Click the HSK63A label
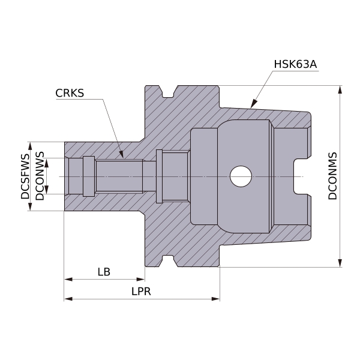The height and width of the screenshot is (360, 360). coord(295,64)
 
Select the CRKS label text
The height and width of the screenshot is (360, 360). coord(70,93)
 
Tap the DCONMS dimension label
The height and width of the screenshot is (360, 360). coord(332,176)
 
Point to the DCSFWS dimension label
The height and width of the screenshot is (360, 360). coord(25,176)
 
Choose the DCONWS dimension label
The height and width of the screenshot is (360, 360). coord(40,176)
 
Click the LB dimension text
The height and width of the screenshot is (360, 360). coord(104,272)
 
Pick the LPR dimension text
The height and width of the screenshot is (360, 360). coord(141,292)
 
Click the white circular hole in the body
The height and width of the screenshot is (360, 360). coord(241,176)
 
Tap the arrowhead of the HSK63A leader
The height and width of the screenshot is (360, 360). coord(253,104)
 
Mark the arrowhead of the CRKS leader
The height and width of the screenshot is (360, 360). coord(121,155)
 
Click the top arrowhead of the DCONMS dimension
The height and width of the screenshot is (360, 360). coord(340,89)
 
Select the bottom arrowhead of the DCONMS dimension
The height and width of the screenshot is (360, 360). coord(340,263)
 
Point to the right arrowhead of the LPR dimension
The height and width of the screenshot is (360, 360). coord(216,299)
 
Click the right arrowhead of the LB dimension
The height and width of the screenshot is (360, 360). coord(141,280)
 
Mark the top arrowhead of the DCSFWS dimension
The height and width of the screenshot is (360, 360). coord(30,146)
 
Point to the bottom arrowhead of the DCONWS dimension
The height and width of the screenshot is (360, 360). coord(47,190)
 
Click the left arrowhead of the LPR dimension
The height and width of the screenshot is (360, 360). coord(68,299)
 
